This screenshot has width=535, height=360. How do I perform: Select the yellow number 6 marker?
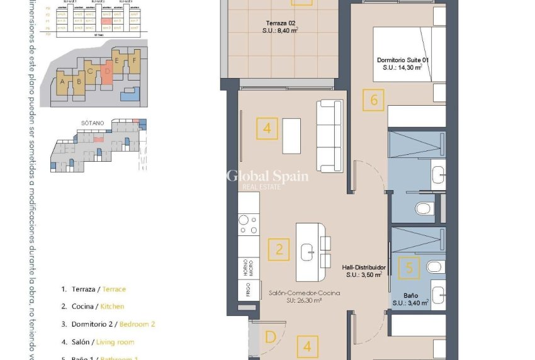(x=374, y=99)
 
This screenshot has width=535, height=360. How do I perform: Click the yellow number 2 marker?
(x=279, y=249)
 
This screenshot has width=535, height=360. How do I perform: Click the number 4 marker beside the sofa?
(x=267, y=128)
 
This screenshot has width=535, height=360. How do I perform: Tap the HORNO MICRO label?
(x=249, y=267)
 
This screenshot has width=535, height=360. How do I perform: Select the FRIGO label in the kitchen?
(x=249, y=291)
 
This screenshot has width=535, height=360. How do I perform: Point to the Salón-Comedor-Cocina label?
(x=295, y=296)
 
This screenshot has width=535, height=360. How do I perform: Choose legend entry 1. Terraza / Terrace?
(x=93, y=289)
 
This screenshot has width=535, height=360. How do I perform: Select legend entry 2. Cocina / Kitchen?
(x=93, y=307)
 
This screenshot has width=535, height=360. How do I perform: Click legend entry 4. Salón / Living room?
(x=98, y=342)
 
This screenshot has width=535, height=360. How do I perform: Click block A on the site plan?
(x=62, y=82)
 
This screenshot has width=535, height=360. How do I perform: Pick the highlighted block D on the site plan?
(x=107, y=70)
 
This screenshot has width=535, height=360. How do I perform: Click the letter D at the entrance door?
(x=271, y=337)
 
